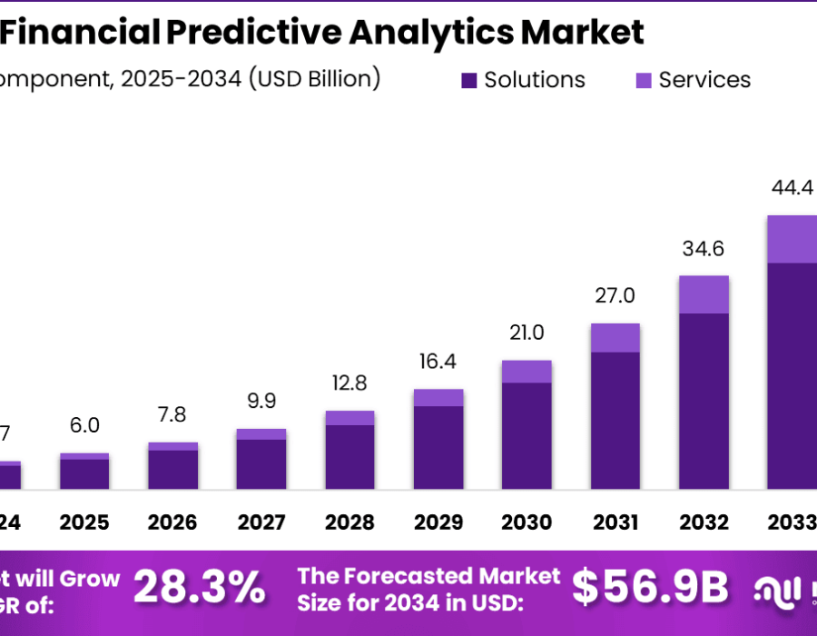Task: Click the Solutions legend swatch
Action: coord(469,81)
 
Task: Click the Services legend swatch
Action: coord(644,81)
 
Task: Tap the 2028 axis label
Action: coord(349,523)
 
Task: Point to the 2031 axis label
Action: coord(615,523)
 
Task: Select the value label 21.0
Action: coord(527,333)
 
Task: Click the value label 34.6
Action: coord(704,249)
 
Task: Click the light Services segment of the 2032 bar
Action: coord(704,294)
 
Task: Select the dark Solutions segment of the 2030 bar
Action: coord(527,436)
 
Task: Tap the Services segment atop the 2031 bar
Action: coord(615,337)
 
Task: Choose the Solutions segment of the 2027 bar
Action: coord(261,464)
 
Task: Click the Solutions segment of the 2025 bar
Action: coord(84,474)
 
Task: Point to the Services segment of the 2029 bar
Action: coord(438,397)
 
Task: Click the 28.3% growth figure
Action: coord(200,590)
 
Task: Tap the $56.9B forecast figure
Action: coord(651,590)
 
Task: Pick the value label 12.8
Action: coord(349,383)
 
